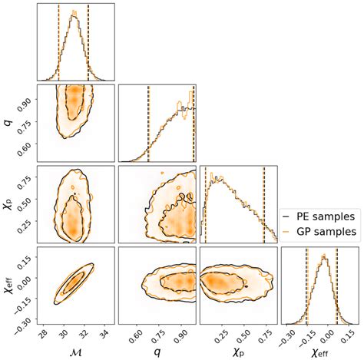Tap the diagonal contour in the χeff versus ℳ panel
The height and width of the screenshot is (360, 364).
pos(73,282)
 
